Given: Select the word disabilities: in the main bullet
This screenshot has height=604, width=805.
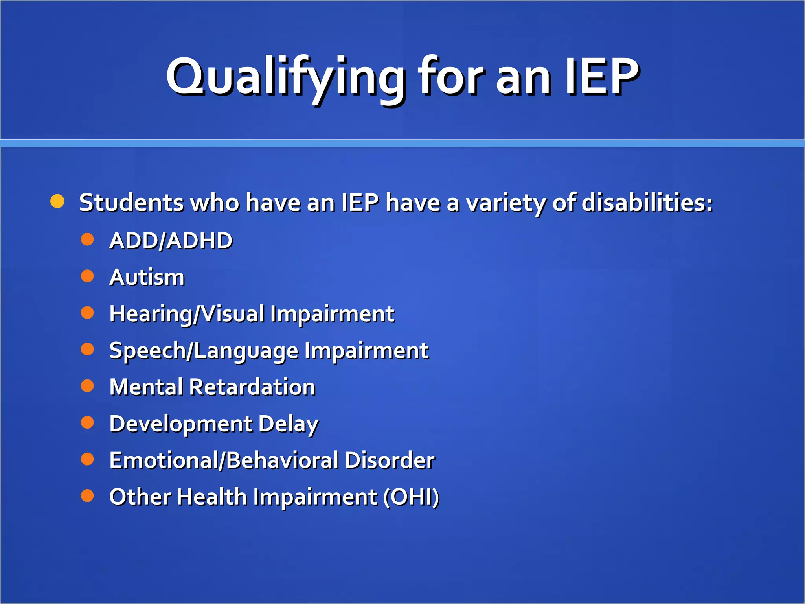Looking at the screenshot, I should (647, 203).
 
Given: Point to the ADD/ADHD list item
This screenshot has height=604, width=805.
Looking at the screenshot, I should (171, 240).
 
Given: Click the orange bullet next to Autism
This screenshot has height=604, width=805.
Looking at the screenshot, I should (87, 276).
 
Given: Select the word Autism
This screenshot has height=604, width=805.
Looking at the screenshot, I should (147, 277).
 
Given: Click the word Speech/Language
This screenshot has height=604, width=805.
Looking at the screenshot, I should (204, 351).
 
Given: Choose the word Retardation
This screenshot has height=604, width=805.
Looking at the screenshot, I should (252, 387).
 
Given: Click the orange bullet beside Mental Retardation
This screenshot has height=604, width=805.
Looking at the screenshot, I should (87, 386).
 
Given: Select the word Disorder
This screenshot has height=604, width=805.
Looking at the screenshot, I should (390, 460).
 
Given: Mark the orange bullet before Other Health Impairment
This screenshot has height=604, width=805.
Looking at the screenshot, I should (87, 495).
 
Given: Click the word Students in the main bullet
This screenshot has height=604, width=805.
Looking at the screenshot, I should (131, 203).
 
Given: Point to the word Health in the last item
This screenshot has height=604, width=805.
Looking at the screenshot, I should (211, 497).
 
